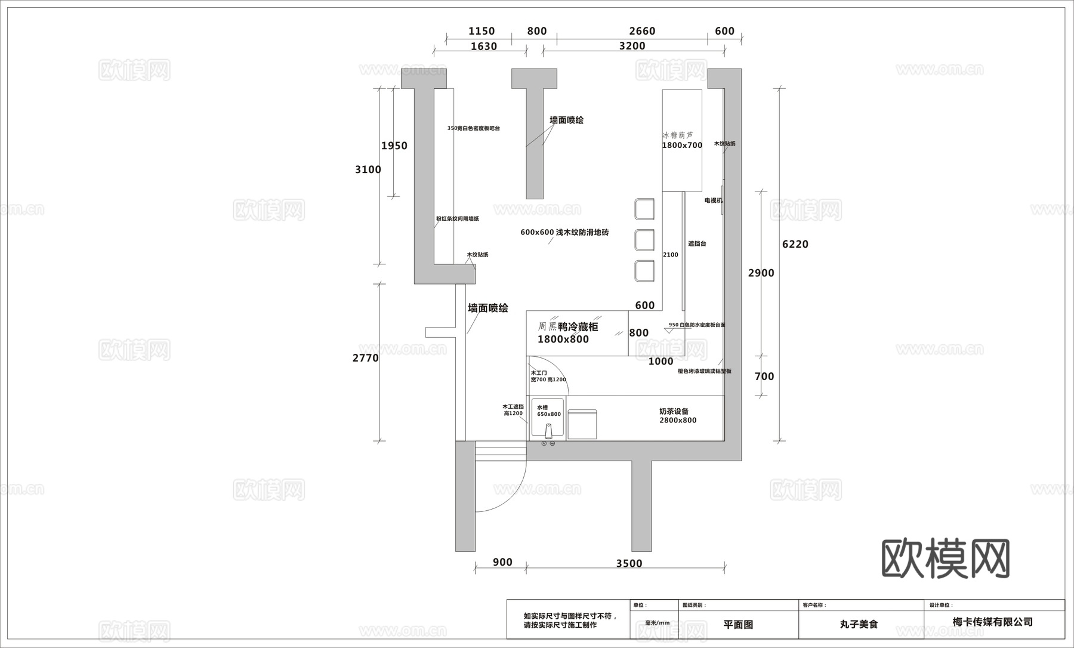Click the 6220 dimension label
(x=795, y=244)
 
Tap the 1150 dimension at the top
(x=482, y=31)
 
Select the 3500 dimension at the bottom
(x=629, y=563)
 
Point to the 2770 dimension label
(x=365, y=358)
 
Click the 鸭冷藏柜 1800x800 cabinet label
(x=567, y=333)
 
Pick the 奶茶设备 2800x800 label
(x=677, y=416)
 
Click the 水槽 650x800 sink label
(x=548, y=411)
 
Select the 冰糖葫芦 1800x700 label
(x=682, y=140)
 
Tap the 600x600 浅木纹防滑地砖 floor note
(x=564, y=232)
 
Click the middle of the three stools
(x=644, y=239)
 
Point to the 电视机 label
(x=713, y=200)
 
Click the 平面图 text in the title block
(x=738, y=625)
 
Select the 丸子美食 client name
(x=859, y=625)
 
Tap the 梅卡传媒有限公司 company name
(x=992, y=622)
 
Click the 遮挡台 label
(x=697, y=243)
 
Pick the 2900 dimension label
(x=761, y=273)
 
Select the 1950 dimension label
(x=394, y=146)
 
